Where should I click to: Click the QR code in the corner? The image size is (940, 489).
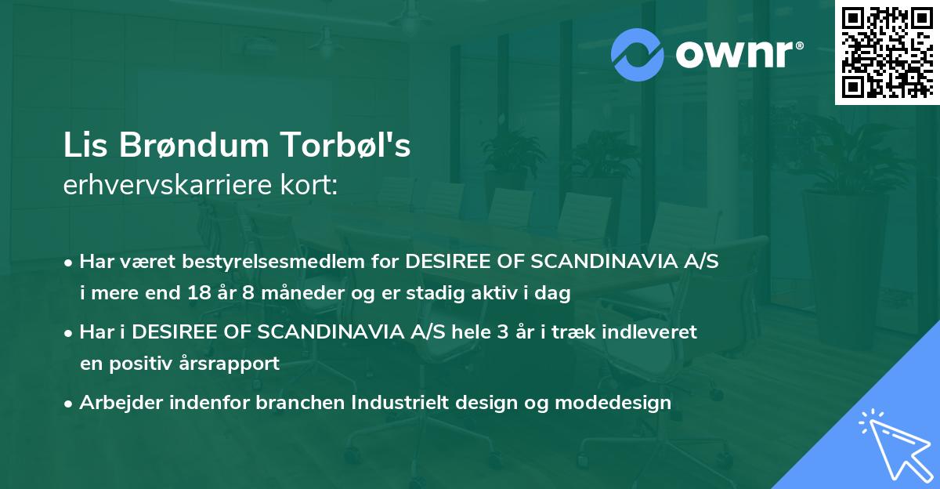(x=887, y=52)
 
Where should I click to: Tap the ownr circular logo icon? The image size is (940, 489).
(x=638, y=55)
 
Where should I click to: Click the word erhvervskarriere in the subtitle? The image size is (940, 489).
(x=154, y=186)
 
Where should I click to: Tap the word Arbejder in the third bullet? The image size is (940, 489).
(x=117, y=403)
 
